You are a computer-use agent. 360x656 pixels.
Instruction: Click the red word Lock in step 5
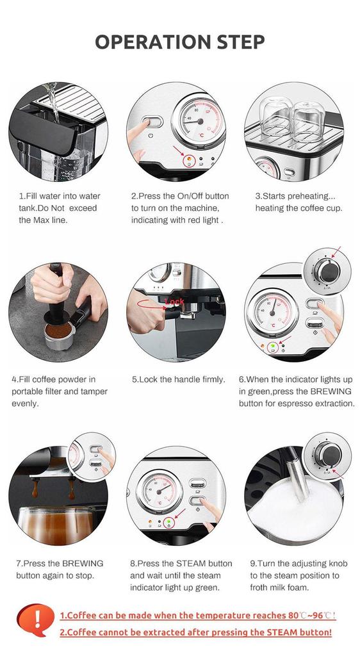(x=174, y=300)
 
